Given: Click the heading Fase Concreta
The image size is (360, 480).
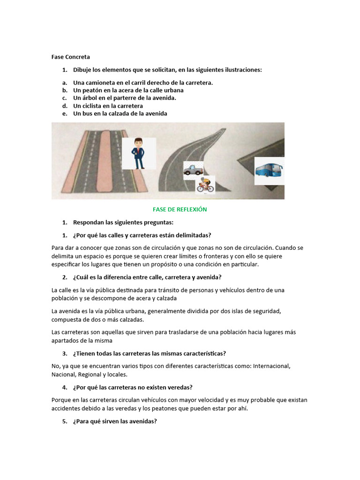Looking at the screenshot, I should point(70,57).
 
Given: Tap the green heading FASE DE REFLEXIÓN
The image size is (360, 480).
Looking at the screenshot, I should point(180,210).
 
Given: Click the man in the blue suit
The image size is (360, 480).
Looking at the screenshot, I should point(139,153).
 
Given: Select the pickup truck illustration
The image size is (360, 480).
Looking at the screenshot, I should point(193,168).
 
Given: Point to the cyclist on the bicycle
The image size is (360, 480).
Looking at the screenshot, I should point(205,185).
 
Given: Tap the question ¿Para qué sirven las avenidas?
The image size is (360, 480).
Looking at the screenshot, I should point(115,421).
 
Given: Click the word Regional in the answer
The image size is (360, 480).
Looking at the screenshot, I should point(89,375).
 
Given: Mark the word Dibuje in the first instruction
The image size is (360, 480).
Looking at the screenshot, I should point(82,70).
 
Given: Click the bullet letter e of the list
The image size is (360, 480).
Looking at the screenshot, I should point(64,113).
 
